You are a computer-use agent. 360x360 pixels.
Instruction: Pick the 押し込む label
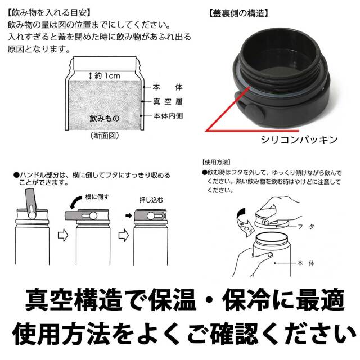tap(150, 200)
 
